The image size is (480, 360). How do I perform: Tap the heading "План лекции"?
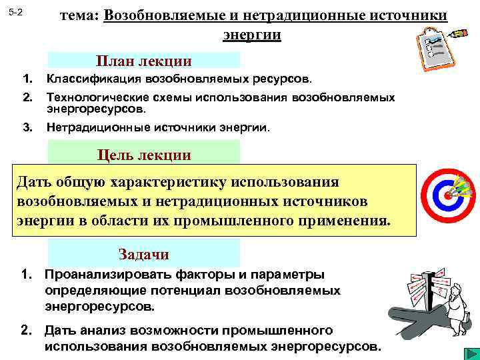144,61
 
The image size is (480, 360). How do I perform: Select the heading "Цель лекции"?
144,155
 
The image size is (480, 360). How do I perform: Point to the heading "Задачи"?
144,254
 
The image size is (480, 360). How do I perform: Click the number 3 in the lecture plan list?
27,127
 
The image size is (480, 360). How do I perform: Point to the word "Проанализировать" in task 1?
106,275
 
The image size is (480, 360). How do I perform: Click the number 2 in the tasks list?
26,330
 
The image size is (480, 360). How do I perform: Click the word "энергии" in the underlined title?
251,33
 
